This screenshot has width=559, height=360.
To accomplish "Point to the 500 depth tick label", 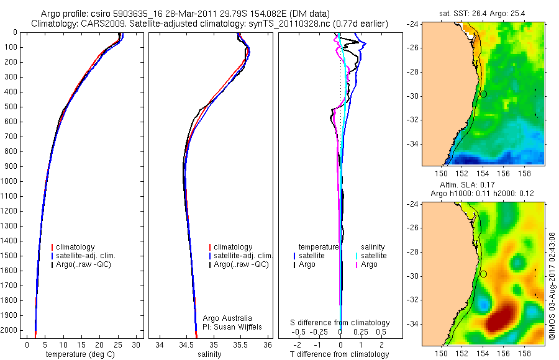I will pyautogui.click(x=11, y=107).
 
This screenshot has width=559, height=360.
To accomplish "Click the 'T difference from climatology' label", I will pyautogui.click(x=340, y=354).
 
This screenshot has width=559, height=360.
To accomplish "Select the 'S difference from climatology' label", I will pyautogui.click(x=340, y=323).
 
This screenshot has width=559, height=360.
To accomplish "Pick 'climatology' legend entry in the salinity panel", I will pyautogui.click(x=233, y=247).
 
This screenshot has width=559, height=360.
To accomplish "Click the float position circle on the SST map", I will pyautogui.click(x=483, y=94).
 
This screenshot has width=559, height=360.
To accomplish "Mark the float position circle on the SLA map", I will pyautogui.click(x=483, y=274).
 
